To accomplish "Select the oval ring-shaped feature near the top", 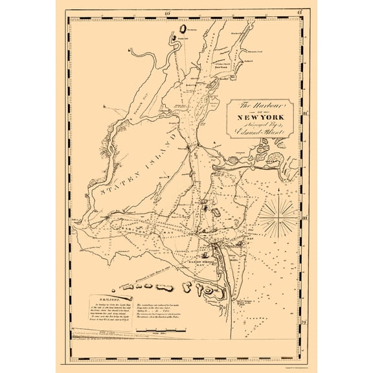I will click(x=184, y=28).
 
